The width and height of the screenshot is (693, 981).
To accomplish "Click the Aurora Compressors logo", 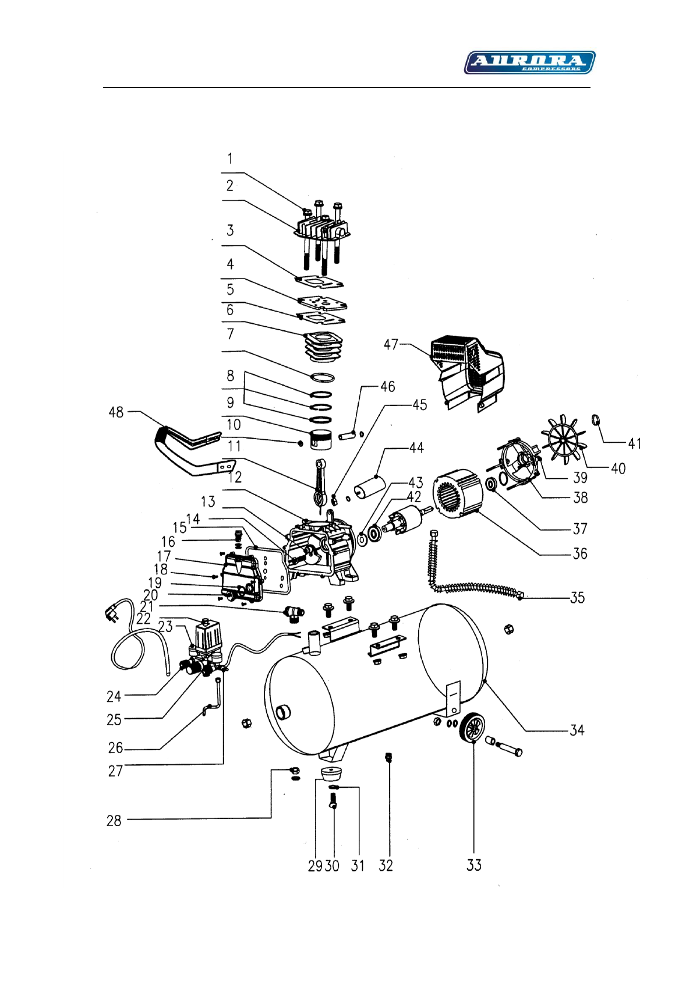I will click(529, 62).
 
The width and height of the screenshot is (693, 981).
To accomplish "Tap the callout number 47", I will click(391, 344).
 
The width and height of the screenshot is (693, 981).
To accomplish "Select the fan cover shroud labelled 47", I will click(466, 373).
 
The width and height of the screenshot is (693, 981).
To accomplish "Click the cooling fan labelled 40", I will click(563, 440).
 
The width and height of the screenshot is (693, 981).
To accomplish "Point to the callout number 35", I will click(577, 598).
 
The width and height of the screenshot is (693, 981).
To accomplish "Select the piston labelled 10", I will click(320, 441).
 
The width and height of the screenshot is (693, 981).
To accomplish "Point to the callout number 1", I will click(230, 158).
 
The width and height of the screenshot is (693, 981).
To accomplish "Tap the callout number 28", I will click(114, 821).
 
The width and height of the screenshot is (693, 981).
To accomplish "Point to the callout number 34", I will click(577, 730).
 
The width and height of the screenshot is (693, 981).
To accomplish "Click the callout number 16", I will click(168, 542).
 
